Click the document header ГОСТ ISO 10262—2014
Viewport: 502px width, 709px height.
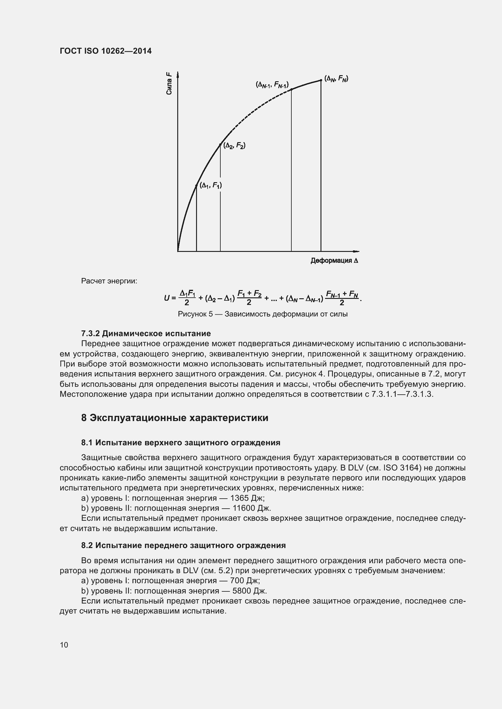[x=105, y=51]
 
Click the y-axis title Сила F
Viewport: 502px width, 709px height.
[x=169, y=83]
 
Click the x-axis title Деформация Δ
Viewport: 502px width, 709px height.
[x=334, y=261]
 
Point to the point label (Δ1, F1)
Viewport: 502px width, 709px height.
[x=211, y=185]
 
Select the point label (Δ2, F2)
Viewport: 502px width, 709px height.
[x=234, y=145]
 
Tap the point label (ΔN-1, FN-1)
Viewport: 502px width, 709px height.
[x=272, y=84]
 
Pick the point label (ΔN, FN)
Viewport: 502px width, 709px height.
[x=336, y=79]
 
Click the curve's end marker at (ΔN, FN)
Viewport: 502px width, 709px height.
[x=321, y=80]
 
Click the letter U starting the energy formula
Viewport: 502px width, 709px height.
[x=167, y=298]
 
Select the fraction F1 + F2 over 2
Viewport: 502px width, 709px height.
[x=249, y=298]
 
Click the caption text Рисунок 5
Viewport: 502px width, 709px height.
[x=195, y=314]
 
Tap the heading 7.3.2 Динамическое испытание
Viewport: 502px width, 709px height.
[x=146, y=333]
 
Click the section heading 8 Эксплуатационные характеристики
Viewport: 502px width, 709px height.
[x=175, y=418]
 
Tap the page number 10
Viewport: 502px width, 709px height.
[x=64, y=645]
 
